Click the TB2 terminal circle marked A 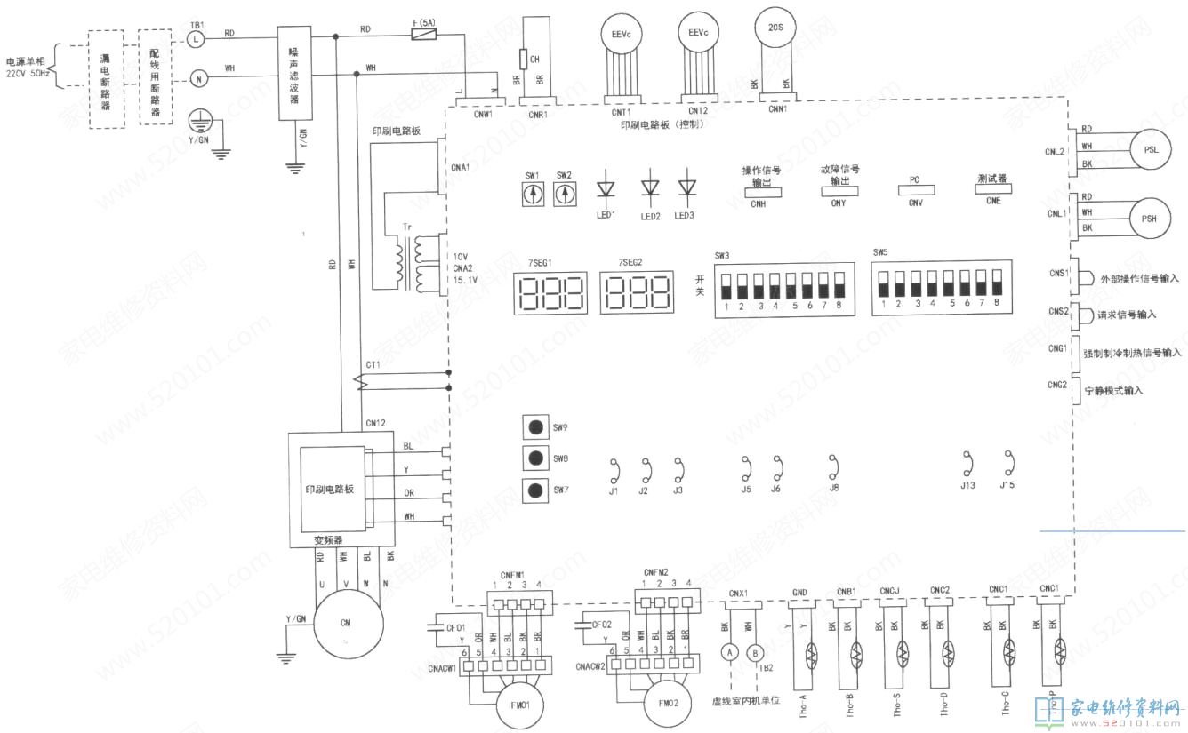[x=729, y=652]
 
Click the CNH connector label [x=758, y=203]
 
